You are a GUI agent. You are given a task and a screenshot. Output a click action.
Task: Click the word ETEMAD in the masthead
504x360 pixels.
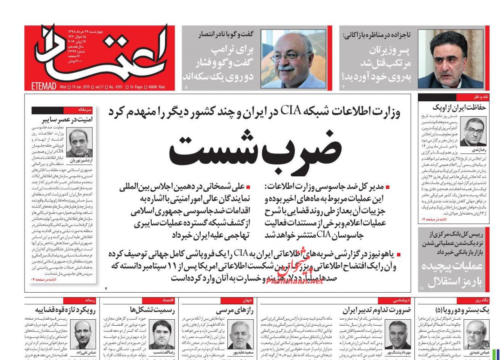tap(44, 86)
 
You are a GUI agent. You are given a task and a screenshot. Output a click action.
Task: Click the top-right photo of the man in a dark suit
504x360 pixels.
tap(450, 59)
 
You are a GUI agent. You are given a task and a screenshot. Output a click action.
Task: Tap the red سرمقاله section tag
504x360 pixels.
tap(86, 110)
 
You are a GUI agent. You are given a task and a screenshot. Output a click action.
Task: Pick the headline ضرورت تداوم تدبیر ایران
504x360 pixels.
tap(371, 310)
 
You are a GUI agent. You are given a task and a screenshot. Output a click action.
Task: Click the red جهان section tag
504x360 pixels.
tap(246, 300)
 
